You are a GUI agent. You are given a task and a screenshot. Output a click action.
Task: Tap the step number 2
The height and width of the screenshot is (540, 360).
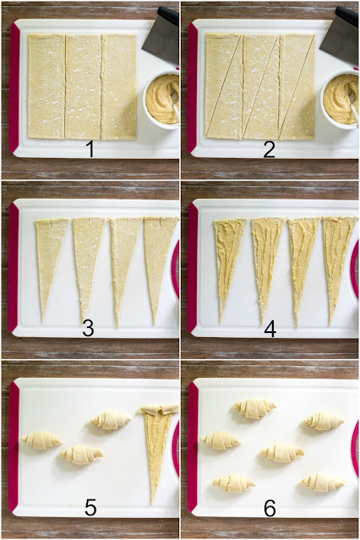pyautogui.click(x=269, y=150)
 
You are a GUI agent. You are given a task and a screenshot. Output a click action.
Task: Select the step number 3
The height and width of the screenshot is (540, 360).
pyautogui.click(x=88, y=328)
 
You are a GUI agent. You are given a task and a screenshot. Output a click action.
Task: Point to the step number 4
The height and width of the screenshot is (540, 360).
pyautogui.click(x=270, y=329)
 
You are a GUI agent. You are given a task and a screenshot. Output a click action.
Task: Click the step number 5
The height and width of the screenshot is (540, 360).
pyautogui.click(x=90, y=508)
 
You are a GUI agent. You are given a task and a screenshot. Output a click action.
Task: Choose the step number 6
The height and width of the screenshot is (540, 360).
pyautogui.click(x=270, y=508)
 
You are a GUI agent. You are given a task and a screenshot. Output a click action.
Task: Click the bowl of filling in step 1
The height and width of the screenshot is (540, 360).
pyautogui.click(x=161, y=100)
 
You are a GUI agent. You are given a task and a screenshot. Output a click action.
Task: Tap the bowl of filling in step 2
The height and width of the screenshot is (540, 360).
pyautogui.click(x=340, y=100)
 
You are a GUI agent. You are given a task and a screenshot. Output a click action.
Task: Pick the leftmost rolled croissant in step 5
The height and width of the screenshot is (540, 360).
pyautogui.click(x=41, y=440)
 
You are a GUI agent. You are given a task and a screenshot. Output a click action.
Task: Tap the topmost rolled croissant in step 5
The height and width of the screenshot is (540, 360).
pyautogui.click(x=111, y=421)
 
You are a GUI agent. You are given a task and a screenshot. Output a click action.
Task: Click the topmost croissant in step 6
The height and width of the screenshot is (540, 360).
pyautogui.click(x=255, y=408)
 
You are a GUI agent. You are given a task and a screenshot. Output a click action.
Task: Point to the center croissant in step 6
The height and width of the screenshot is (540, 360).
pyautogui.click(x=282, y=453)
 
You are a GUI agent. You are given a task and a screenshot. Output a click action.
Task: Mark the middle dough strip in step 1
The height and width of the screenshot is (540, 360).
pyautogui.click(x=83, y=87)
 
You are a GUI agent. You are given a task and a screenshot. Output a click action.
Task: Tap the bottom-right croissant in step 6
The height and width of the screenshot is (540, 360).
pyautogui.click(x=323, y=483)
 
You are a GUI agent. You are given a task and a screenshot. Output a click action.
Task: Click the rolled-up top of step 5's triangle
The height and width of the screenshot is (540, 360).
pyautogui.click(x=159, y=410)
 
